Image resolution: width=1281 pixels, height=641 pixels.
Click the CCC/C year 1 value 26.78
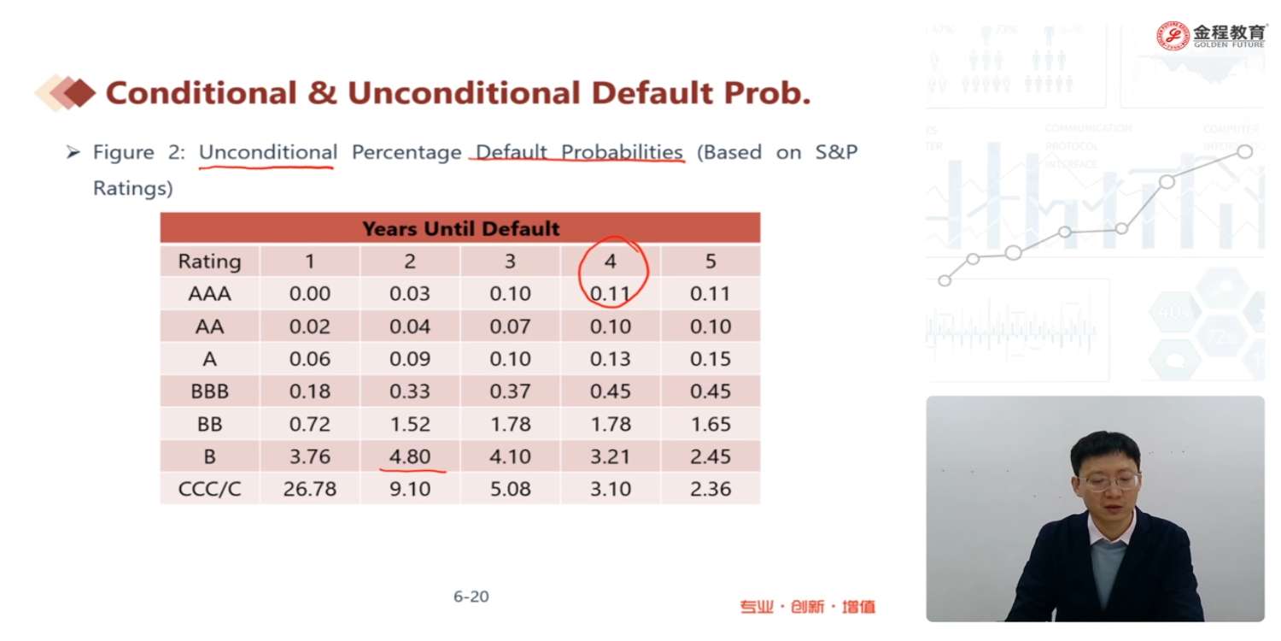point(309,489)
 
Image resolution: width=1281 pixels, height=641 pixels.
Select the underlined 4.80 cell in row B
point(410,456)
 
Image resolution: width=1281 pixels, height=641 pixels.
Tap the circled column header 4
point(610,262)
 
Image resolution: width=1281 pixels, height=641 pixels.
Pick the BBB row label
point(209,391)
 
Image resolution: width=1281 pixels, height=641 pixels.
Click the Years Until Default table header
point(460,229)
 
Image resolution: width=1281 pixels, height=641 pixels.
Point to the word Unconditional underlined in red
point(267,153)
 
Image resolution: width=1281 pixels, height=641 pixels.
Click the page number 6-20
point(471,597)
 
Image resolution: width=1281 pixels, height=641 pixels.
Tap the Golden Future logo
point(1212,35)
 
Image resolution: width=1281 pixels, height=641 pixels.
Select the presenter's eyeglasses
point(1108,480)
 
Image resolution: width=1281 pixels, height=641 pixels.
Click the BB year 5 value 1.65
point(711,424)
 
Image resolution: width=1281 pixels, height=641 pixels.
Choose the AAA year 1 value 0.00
point(309,294)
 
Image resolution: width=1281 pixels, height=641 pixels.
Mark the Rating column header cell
point(209,262)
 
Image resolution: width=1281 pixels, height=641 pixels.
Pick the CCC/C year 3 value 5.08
point(510,489)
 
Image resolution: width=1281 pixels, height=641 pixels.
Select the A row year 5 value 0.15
point(711,359)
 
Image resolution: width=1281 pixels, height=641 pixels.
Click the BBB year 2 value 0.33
point(410,391)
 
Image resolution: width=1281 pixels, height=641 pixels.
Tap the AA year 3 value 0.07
point(510,326)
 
